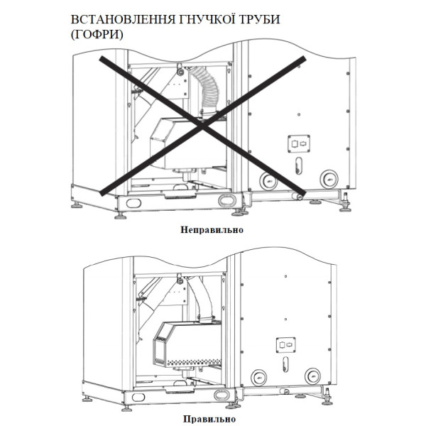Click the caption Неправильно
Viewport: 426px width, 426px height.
(212, 230)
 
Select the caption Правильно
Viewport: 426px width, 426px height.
(212, 420)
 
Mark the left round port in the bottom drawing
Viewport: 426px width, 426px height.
(259, 377)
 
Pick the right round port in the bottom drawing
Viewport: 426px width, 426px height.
(312, 376)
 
